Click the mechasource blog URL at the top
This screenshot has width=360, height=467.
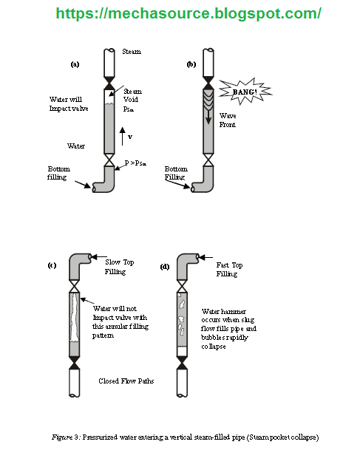pos(189,13)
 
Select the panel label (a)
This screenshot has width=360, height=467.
pos(75,64)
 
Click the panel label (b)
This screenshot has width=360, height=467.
pos(191,64)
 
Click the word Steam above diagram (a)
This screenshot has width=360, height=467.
pos(131,52)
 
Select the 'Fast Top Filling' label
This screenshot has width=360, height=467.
pos(228,268)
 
